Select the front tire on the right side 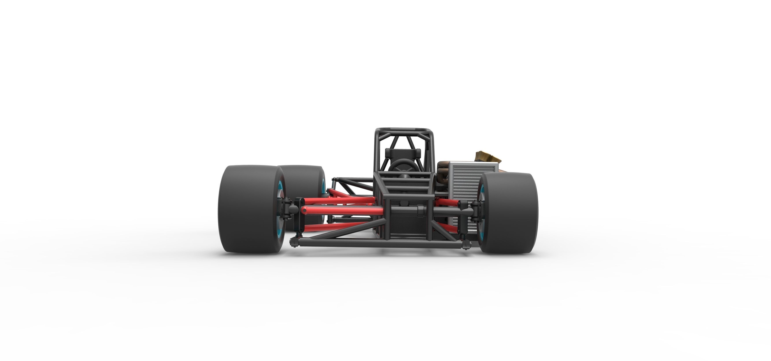coord(509,212)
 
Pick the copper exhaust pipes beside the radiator coord(442,174)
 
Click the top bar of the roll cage coord(403,131)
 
